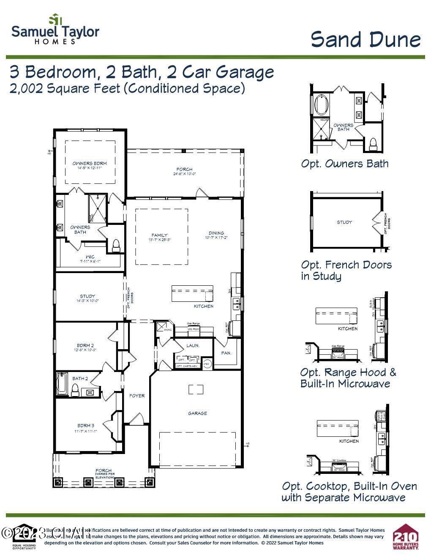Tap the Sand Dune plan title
coord(366,40)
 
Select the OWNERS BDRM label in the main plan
coord(90,164)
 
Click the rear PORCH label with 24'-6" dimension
coord(184,170)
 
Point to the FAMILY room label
coord(160,235)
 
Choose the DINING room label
coord(216,233)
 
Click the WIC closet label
coord(90,257)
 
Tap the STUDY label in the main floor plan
coord(87,296)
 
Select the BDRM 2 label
coord(85,345)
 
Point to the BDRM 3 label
coord(86,426)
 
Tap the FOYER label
coord(137,396)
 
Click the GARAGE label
coord(197,413)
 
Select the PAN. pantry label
coord(226,353)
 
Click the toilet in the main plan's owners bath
coord(115,245)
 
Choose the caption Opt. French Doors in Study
coord(346,270)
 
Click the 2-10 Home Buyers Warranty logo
coord(406,537)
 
